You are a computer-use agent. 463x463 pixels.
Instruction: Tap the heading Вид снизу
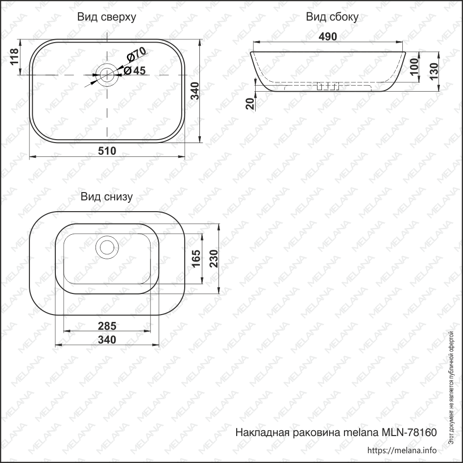click(107, 197)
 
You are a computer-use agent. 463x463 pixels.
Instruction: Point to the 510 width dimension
click(107, 151)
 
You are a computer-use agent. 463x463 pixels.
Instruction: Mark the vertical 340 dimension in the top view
click(195, 92)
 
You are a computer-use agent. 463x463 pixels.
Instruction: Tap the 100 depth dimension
click(414, 66)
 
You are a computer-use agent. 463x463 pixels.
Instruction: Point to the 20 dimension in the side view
click(250, 103)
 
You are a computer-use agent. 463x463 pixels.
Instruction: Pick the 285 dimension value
click(107, 325)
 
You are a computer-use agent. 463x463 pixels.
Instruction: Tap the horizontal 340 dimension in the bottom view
click(107, 340)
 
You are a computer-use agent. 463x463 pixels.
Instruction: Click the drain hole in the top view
click(106, 74)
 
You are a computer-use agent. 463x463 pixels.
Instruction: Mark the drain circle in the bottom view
click(106, 246)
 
